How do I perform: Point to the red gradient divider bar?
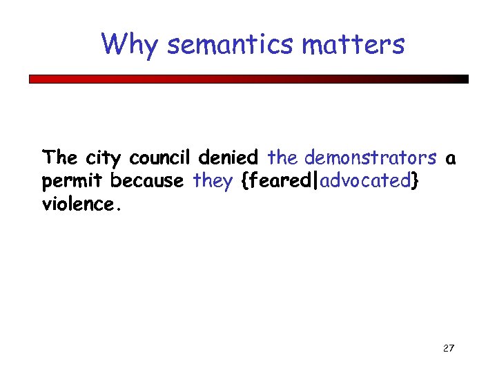tap(248, 79)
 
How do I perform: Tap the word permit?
tap(73, 182)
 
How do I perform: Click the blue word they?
tap(213, 182)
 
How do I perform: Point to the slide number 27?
tap(448, 347)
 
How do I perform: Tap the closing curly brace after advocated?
tap(414, 182)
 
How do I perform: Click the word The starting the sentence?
tap(60, 158)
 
